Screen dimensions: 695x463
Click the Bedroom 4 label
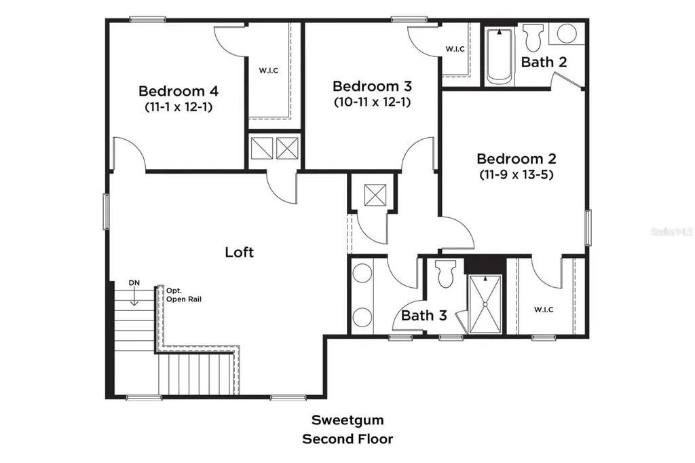(179, 91)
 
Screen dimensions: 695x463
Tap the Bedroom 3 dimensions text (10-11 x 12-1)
(373, 102)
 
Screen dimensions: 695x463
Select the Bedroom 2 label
(516, 158)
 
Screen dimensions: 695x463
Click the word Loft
(240, 252)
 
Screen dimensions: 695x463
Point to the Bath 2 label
(544, 62)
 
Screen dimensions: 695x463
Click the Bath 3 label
(424, 315)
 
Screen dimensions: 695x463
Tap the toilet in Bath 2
(533, 38)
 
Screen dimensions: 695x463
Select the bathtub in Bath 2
(500, 56)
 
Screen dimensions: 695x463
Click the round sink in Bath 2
(567, 34)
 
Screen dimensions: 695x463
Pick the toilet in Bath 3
(445, 274)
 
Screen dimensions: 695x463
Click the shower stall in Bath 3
(485, 303)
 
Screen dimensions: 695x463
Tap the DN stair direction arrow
(134, 297)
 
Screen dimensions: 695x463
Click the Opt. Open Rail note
(183, 295)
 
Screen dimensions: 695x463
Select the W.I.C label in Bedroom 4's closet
(269, 71)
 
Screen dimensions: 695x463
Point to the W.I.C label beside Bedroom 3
(455, 49)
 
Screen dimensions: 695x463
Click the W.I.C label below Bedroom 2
(544, 310)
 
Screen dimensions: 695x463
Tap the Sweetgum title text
(347, 420)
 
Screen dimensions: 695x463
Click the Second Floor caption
(347, 439)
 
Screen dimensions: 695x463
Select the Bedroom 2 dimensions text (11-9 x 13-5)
(516, 174)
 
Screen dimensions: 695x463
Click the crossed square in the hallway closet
(375, 195)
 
